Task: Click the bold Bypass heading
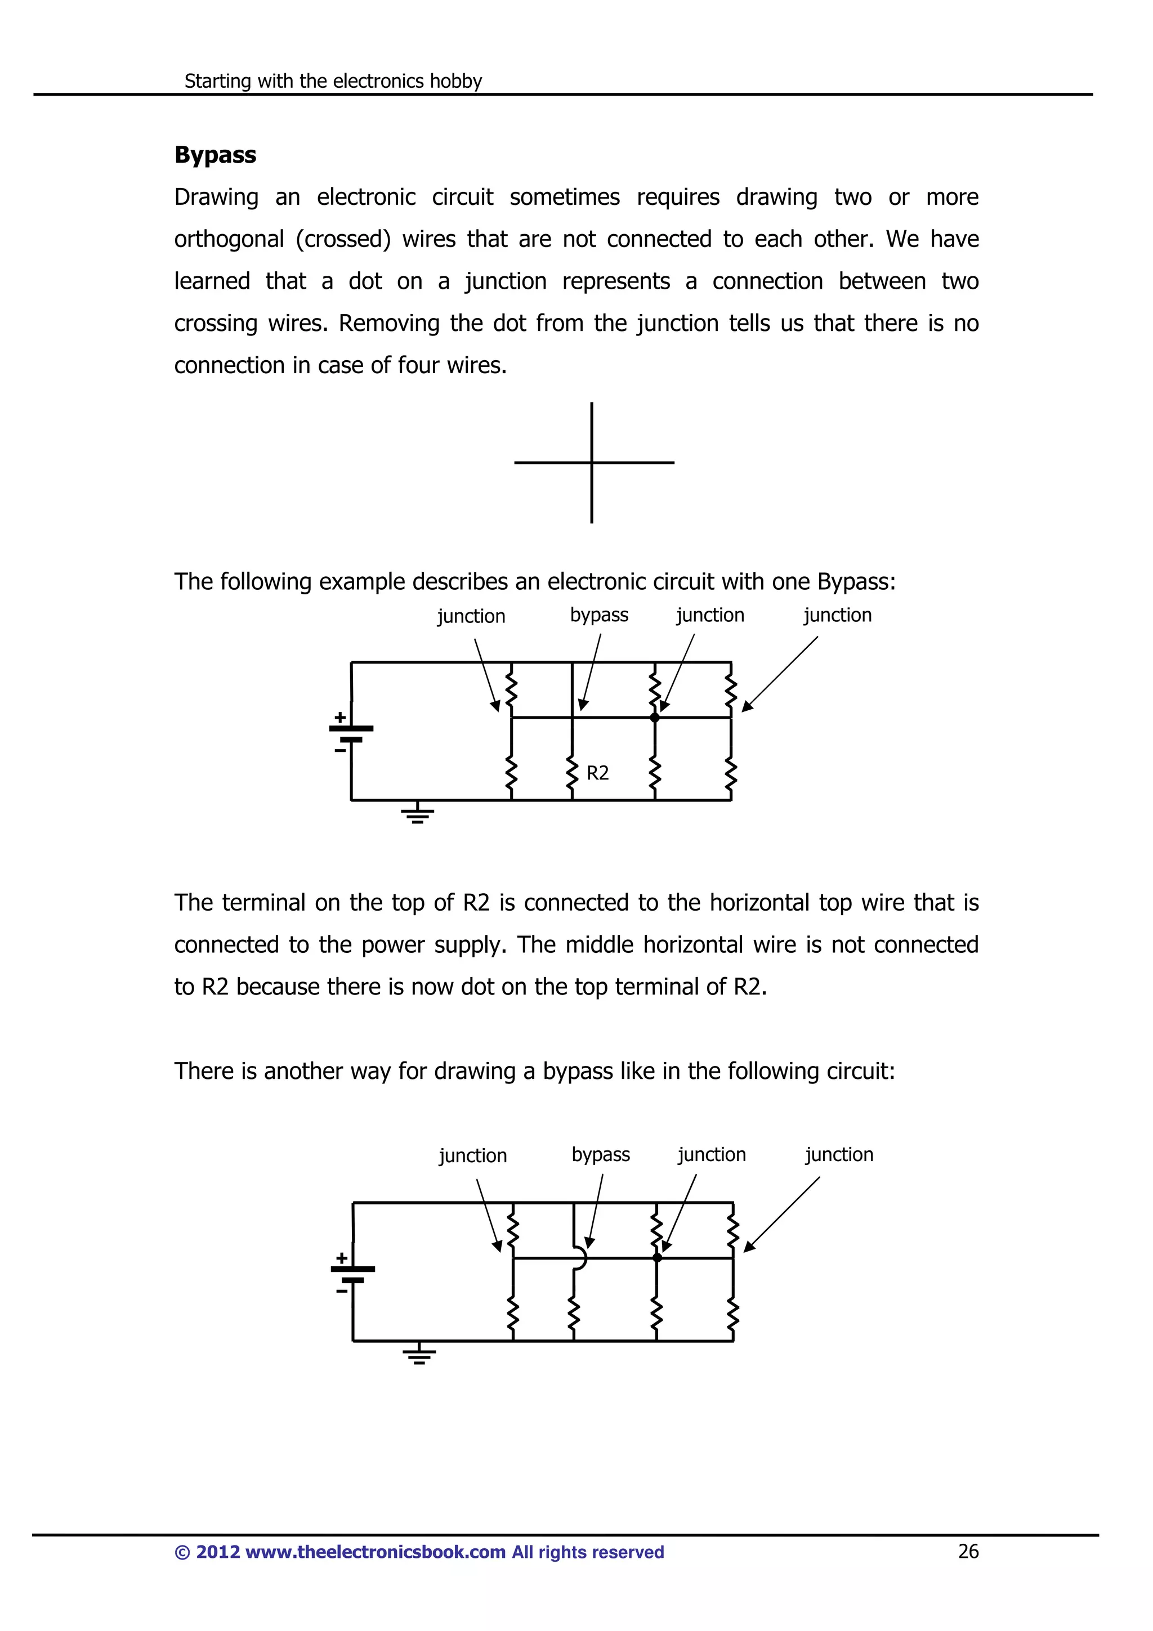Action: tap(214, 155)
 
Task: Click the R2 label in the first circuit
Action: tap(597, 773)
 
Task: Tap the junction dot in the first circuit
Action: tap(655, 718)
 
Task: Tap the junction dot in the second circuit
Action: tap(657, 1258)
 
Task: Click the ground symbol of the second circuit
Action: tap(419, 1355)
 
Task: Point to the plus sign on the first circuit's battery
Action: tap(340, 717)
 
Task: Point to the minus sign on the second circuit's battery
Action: tap(342, 1291)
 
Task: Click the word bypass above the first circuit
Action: tap(599, 615)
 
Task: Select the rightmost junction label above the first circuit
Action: tap(838, 615)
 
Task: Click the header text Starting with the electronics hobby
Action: tap(333, 81)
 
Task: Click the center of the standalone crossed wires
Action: tap(592, 463)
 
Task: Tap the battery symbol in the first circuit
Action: tap(351, 733)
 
